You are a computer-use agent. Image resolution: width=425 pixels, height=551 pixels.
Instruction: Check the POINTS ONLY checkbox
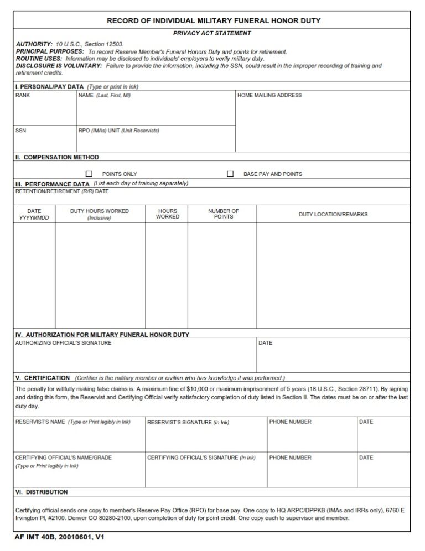[x=89, y=174]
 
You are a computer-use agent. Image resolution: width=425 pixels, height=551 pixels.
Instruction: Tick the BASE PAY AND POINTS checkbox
[x=230, y=174]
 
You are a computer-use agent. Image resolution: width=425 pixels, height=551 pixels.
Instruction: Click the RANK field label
[x=23, y=96]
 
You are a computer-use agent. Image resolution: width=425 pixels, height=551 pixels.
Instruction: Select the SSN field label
[x=20, y=131]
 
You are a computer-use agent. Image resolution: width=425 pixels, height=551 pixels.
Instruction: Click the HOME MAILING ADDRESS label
[x=269, y=96]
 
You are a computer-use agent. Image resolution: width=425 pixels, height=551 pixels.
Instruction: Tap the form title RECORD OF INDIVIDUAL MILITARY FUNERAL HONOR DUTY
[x=213, y=21]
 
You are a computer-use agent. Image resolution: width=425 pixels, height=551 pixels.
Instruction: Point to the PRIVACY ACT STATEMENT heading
[x=212, y=33]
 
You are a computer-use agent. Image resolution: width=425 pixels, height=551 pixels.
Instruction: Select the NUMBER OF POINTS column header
[x=223, y=214]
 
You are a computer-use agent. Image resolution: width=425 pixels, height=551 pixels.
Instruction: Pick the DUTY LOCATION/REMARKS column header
[x=333, y=215]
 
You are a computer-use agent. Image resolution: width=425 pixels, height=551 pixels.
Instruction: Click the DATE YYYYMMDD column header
[x=34, y=214]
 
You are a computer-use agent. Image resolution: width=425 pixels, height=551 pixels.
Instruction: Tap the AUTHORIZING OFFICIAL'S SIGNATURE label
[x=63, y=343]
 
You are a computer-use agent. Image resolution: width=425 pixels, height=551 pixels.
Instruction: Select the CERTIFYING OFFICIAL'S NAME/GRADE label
[x=64, y=458]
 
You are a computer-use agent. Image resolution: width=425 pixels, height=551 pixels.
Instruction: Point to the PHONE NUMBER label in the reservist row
[x=290, y=422]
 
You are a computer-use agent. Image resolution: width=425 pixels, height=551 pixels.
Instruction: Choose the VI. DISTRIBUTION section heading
[x=42, y=492]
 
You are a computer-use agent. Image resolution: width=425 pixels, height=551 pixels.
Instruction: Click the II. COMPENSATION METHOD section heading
[x=57, y=158]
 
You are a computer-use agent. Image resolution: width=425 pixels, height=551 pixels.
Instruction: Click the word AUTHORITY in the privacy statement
[x=34, y=44]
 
